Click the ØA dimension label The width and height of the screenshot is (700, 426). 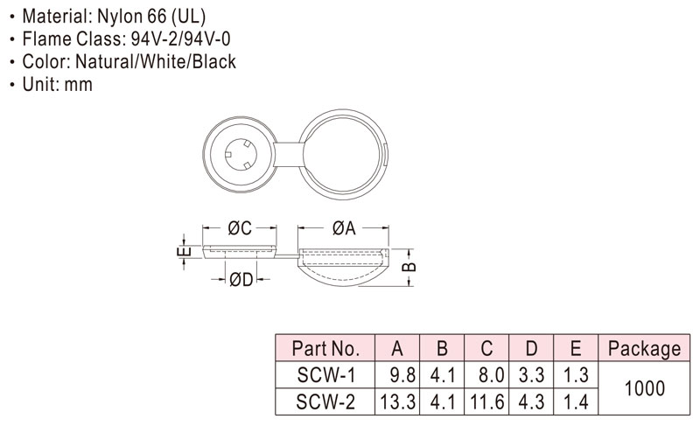pyautogui.click(x=344, y=228)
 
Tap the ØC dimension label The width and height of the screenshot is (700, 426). pyautogui.click(x=240, y=228)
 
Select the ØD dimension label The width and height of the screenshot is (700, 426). pyautogui.click(x=241, y=280)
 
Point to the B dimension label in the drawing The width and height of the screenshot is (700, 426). pyautogui.click(x=409, y=267)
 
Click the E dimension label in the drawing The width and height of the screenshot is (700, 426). pyautogui.click(x=184, y=252)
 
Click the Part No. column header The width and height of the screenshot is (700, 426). pyautogui.click(x=325, y=348)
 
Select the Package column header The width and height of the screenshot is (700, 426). pyautogui.click(x=644, y=348)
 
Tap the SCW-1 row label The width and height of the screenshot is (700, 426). pyautogui.click(x=325, y=374)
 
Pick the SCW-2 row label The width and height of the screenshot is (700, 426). pyautogui.click(x=325, y=402)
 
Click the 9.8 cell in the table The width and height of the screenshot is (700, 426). pyautogui.click(x=402, y=374)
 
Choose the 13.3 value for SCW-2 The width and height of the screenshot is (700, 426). pyautogui.click(x=398, y=402)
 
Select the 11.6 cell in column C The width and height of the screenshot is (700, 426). pyautogui.click(x=487, y=402)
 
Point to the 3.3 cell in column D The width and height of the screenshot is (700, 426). pyautogui.click(x=531, y=374)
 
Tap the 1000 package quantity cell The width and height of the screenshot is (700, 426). pyautogui.click(x=645, y=388)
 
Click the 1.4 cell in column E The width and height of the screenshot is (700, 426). pyautogui.click(x=576, y=402)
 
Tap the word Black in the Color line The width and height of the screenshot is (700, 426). pyautogui.click(x=214, y=61)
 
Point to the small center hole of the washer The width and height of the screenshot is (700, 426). pyautogui.click(x=241, y=155)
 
